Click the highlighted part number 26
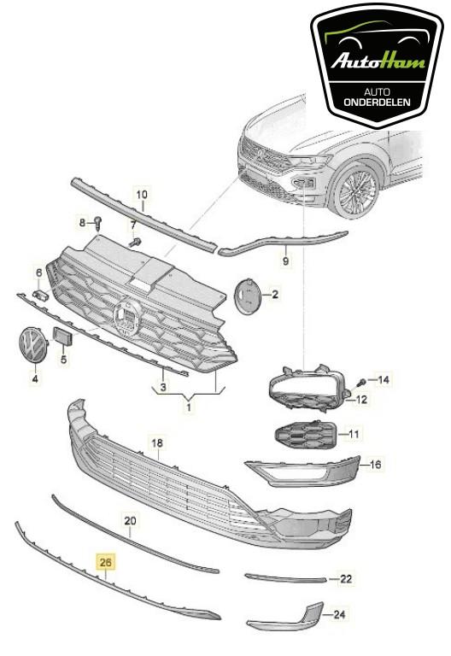(x=106, y=562)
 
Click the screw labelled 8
(x=99, y=223)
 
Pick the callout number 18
(x=156, y=443)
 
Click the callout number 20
(x=130, y=519)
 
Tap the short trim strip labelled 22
(x=286, y=578)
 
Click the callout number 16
(x=375, y=465)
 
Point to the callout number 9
(x=286, y=257)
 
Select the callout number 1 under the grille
(x=190, y=407)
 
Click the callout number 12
(x=361, y=400)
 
